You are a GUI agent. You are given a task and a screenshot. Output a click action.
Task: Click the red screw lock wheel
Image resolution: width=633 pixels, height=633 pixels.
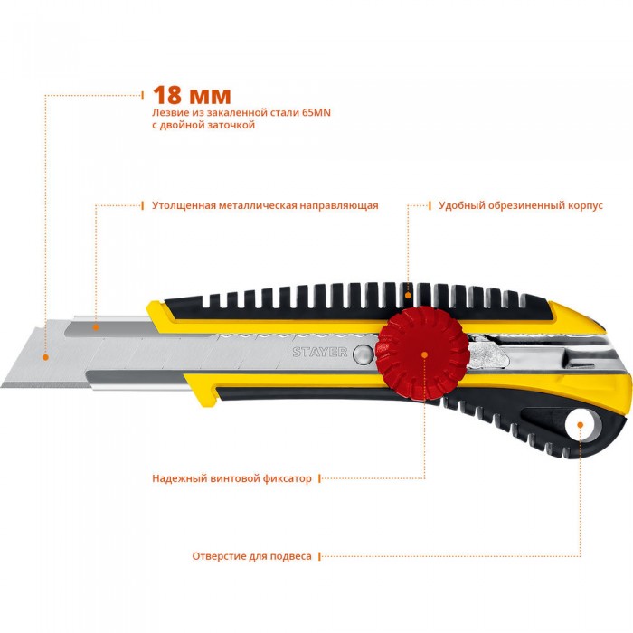coord(422,354)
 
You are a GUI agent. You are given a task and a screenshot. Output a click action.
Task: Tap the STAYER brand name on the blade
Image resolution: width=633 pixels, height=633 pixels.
coord(320,352)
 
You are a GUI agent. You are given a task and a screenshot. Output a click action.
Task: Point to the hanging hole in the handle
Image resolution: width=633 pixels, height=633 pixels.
coord(581,426)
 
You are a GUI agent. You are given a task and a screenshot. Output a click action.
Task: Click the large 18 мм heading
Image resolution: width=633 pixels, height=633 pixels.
coord(192,96)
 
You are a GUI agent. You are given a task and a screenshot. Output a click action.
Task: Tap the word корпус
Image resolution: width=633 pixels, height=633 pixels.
coord(585,206)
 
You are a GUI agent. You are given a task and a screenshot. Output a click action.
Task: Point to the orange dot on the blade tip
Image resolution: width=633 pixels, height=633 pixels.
coord(45,357)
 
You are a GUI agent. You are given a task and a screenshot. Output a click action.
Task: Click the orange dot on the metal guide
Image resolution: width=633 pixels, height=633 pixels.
coord(96,327)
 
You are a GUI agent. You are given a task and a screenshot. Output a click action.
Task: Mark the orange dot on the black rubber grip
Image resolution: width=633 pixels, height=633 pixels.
coord(408,296)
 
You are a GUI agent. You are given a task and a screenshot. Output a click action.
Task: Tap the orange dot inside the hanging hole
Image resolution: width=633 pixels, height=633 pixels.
coord(581,425)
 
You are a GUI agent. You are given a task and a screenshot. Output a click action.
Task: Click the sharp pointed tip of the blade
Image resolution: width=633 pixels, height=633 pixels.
coord(1,386)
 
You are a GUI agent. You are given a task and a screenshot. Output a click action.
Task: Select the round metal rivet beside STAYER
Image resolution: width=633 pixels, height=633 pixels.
coord(363,354)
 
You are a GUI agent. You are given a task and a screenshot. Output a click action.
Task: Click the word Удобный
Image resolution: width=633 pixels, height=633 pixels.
coord(462,206)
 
